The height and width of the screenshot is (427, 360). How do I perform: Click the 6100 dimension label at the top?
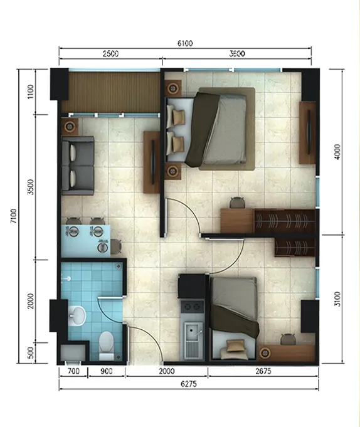(185, 43)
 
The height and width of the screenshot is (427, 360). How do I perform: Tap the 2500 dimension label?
(110, 54)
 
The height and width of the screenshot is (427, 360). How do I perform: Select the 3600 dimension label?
(237, 54)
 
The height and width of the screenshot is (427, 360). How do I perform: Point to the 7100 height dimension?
(14, 216)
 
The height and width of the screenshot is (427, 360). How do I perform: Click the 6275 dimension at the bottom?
(189, 384)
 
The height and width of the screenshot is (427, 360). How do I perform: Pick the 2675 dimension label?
(263, 371)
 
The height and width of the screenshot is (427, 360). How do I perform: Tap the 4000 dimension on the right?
(337, 152)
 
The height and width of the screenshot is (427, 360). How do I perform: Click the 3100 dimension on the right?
(337, 299)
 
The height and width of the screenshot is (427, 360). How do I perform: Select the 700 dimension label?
(73, 371)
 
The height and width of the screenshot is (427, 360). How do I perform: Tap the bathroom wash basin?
(77, 316)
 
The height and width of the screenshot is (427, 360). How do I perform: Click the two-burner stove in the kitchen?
(193, 307)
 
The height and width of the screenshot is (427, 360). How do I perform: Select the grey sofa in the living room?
(78, 166)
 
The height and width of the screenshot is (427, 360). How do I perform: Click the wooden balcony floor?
(110, 92)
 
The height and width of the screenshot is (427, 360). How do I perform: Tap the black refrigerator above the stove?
(192, 286)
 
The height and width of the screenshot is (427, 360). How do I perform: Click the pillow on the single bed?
(234, 349)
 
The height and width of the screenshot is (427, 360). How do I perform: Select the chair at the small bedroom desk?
(288, 339)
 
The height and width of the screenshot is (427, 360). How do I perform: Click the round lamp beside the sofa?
(70, 127)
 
